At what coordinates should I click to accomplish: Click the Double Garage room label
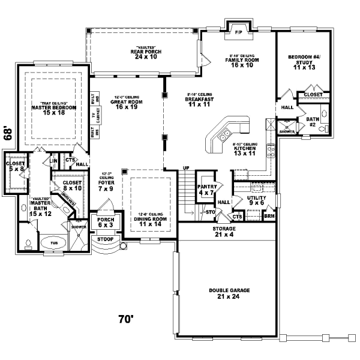(x=229, y=293)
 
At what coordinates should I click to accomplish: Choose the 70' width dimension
(x=125, y=319)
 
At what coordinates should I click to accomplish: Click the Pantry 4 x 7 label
(x=206, y=190)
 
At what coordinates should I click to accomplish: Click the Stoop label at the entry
(x=105, y=239)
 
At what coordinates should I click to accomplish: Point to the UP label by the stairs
(x=186, y=167)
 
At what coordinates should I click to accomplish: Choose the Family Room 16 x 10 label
(x=242, y=62)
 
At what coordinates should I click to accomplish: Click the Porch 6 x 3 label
(x=105, y=223)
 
